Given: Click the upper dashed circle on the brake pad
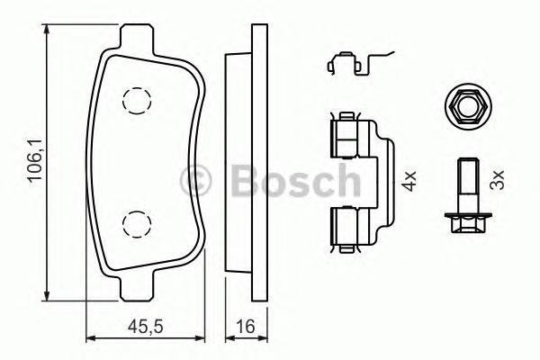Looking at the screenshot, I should click(x=137, y=101).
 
